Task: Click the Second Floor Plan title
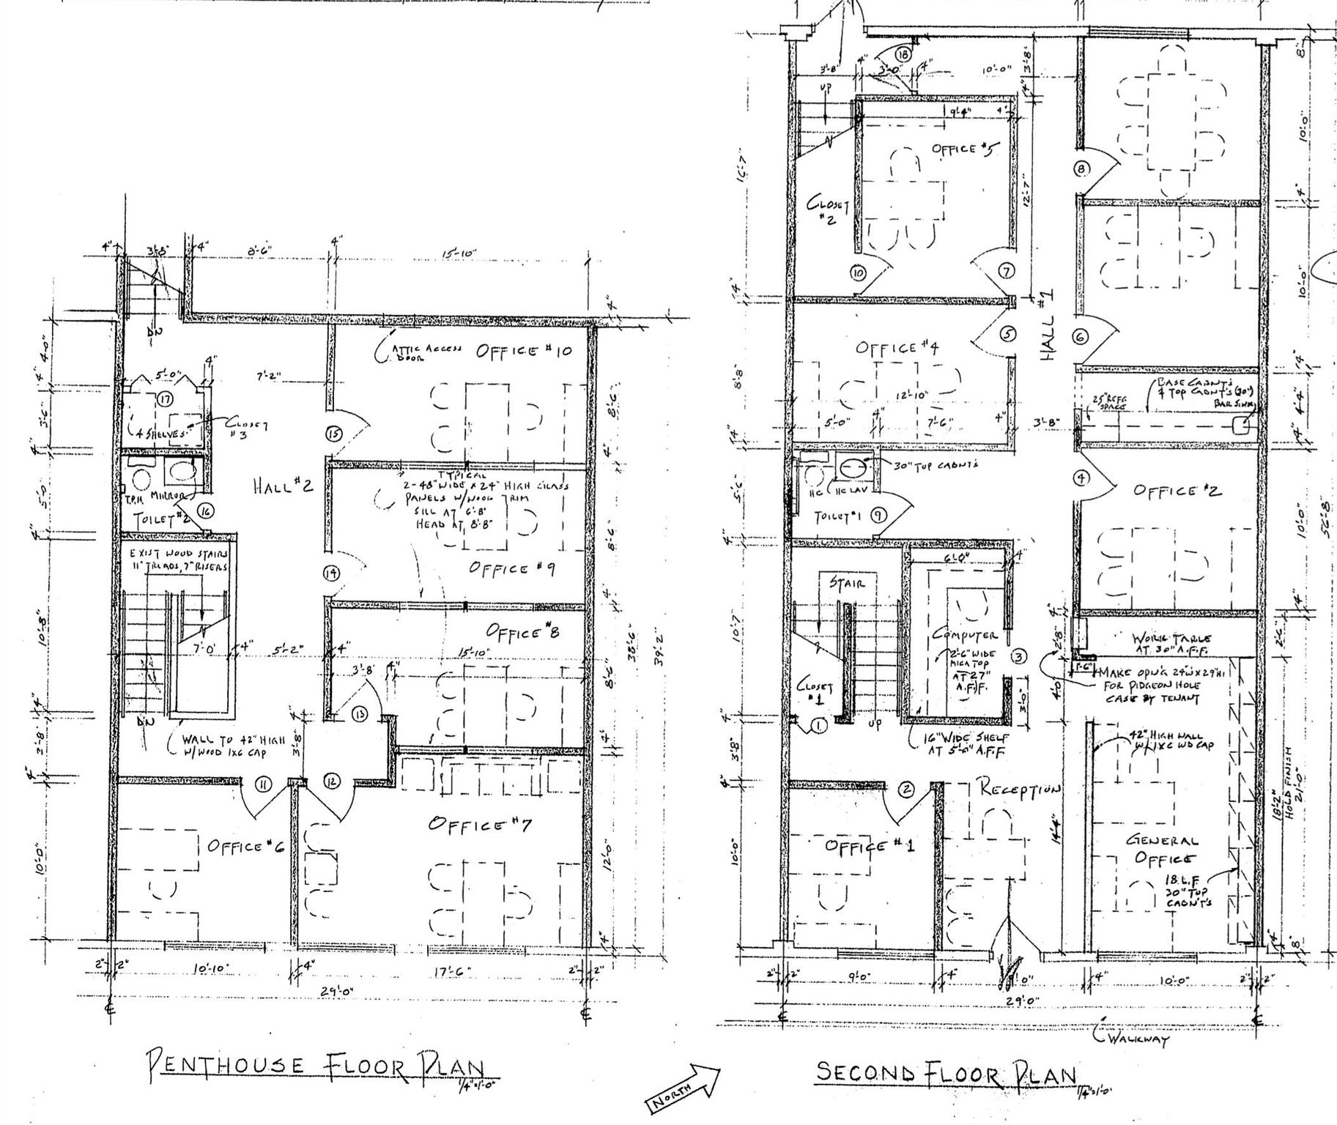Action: point(946,1073)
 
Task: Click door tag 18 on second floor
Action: point(903,54)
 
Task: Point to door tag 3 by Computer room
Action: point(1019,656)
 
